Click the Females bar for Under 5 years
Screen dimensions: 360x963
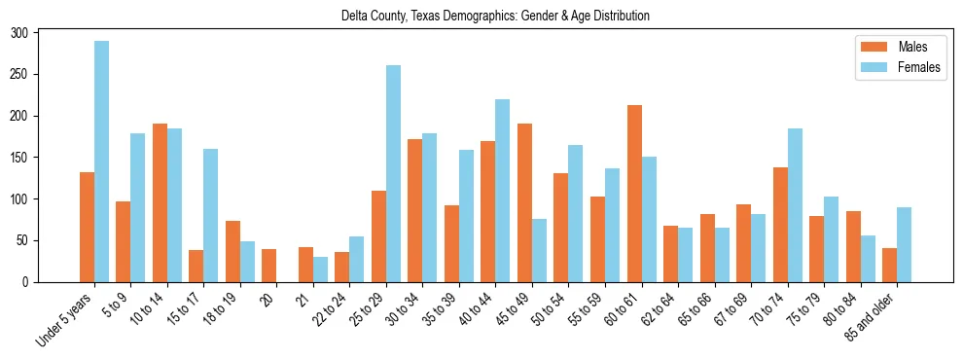click(x=102, y=162)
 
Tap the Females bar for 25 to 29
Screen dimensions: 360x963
click(x=394, y=173)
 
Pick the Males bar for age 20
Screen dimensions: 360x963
click(x=269, y=266)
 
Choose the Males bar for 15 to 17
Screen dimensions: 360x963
click(x=196, y=266)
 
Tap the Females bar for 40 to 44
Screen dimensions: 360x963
click(x=503, y=191)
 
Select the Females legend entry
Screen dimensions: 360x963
click(x=895, y=69)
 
